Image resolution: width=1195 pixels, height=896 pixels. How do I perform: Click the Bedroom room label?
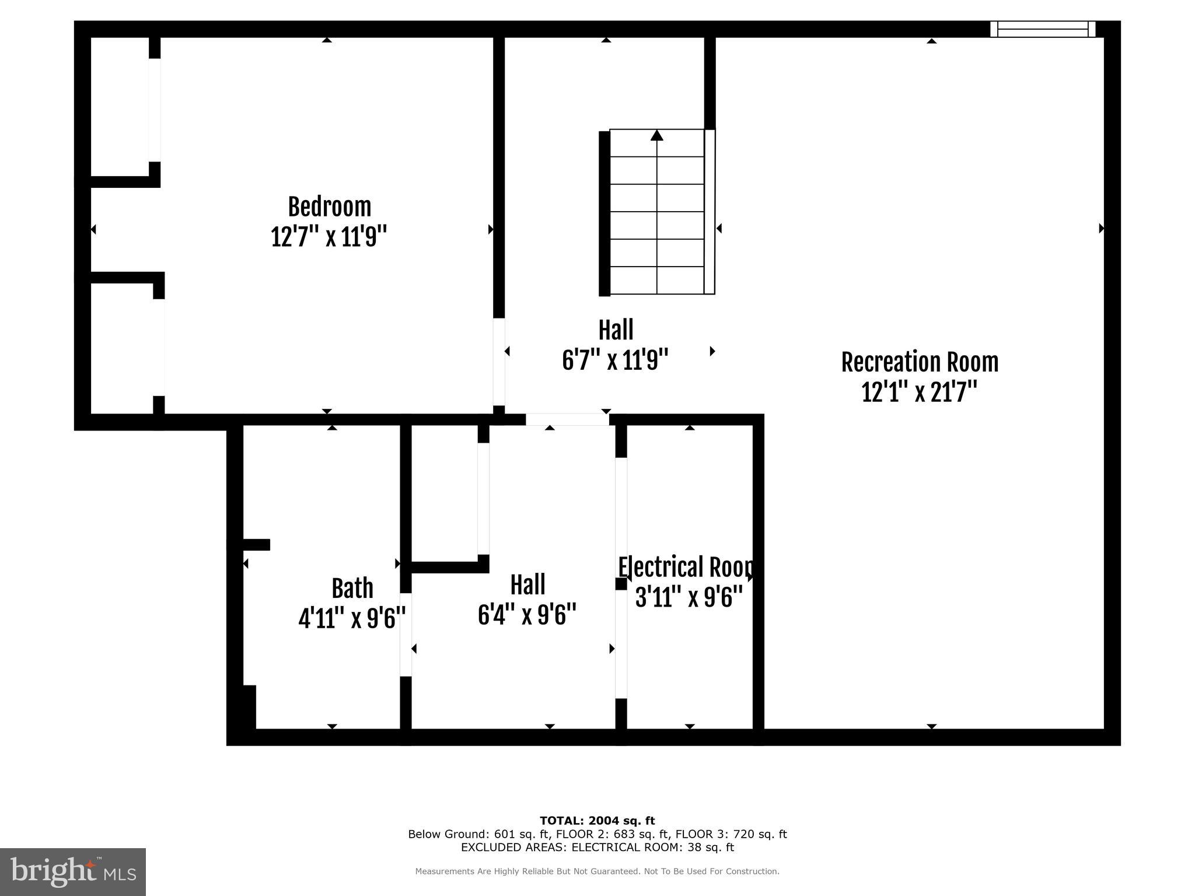pos(329,207)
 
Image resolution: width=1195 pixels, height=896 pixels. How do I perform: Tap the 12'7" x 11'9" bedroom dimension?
pos(329,237)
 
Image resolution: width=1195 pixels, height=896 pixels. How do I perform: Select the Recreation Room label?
pos(920,362)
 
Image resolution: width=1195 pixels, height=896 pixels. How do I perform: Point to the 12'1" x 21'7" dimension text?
pos(919,392)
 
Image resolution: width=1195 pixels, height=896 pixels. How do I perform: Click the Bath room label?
pos(352,588)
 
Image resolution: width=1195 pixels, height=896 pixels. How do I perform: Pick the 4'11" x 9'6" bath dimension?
pos(352,618)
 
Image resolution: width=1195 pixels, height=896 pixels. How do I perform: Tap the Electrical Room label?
pos(685,568)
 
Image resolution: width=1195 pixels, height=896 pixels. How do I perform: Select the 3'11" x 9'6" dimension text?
pos(689,597)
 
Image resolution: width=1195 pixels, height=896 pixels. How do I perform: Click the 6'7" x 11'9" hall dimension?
pos(615,360)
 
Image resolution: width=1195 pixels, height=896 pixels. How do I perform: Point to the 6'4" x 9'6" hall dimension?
pos(527,615)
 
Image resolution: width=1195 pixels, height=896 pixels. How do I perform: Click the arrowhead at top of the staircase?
pos(657,135)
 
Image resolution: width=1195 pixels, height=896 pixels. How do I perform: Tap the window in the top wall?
pos(1043,29)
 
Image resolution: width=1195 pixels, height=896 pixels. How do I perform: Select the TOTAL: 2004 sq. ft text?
pos(597,821)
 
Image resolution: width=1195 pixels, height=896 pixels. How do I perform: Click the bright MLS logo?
pos(73,871)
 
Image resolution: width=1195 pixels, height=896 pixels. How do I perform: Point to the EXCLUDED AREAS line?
pos(597,847)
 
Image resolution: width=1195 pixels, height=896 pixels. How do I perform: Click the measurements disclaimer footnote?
pos(597,871)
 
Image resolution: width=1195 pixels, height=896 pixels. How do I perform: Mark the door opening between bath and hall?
pos(406,635)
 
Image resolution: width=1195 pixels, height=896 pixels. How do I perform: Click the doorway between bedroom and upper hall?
pos(499,362)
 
